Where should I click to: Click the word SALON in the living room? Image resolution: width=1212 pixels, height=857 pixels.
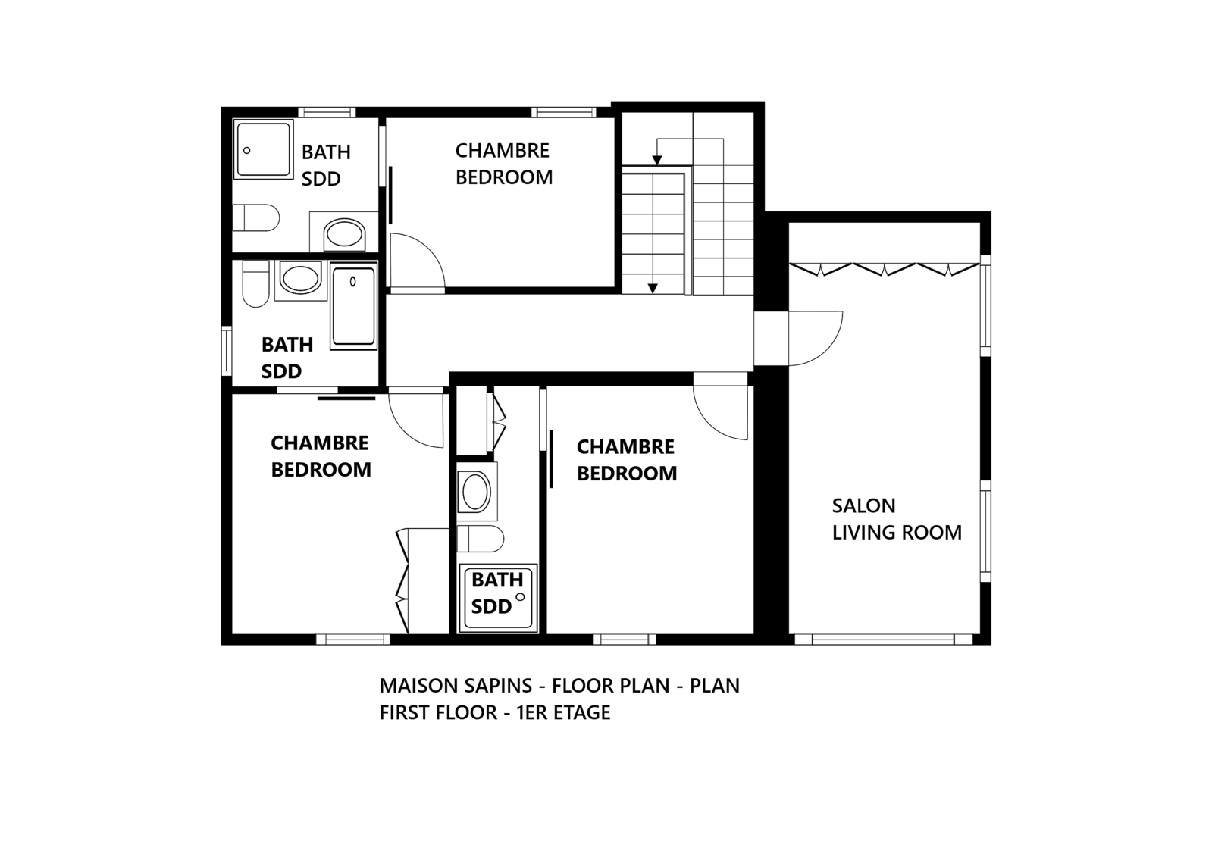863,506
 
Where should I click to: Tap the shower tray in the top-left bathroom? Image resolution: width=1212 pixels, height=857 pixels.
264,149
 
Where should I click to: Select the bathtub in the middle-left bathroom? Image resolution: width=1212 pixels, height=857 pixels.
353,306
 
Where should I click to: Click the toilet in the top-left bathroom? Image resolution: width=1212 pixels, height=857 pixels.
256,217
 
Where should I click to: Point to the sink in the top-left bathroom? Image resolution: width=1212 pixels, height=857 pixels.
344,234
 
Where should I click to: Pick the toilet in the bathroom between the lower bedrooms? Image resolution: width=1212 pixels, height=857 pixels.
481,539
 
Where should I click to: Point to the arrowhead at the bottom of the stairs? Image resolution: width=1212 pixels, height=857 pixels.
653,289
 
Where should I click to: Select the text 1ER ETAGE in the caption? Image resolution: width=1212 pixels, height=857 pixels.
563,712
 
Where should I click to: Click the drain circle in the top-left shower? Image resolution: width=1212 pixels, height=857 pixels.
247,150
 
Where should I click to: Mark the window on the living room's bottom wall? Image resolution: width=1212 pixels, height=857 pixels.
884,640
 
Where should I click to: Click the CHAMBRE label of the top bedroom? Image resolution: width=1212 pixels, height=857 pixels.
502,150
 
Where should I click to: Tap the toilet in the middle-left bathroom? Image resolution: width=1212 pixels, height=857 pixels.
256,283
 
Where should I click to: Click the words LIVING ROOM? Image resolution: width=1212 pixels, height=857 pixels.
897,533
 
